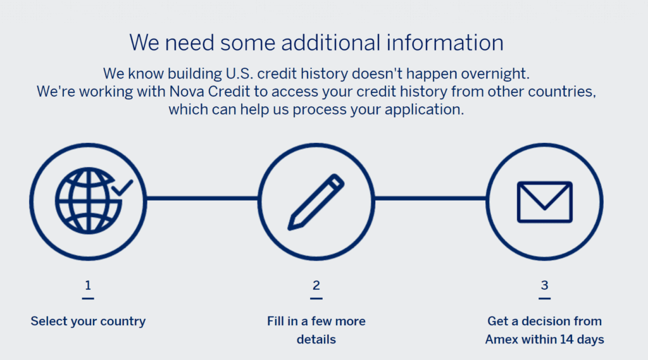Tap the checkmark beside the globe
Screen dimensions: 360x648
click(122, 187)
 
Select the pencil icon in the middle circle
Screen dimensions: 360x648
click(316, 201)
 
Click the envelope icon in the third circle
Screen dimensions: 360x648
click(544, 202)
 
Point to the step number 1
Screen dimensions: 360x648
click(87, 285)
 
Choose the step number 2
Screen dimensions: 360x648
click(316, 285)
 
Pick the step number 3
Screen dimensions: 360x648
click(544, 285)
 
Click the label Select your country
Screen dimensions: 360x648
click(88, 321)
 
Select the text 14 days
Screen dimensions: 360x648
click(581, 340)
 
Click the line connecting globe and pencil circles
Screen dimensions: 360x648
click(202, 198)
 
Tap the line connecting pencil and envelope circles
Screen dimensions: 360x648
click(430, 198)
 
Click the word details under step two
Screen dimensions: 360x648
click(316, 340)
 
